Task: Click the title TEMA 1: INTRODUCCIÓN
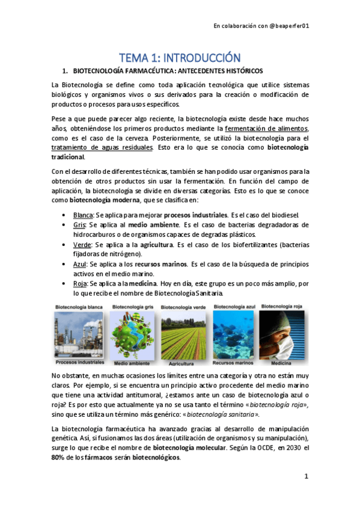[180, 58]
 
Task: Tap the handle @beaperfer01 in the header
[288, 26]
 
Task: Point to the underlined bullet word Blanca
[83, 215]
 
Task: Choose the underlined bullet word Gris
[79, 224]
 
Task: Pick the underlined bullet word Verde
[82, 245]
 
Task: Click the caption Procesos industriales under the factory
[80, 363]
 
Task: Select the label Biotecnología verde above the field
[181, 307]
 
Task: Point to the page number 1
[306, 476]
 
